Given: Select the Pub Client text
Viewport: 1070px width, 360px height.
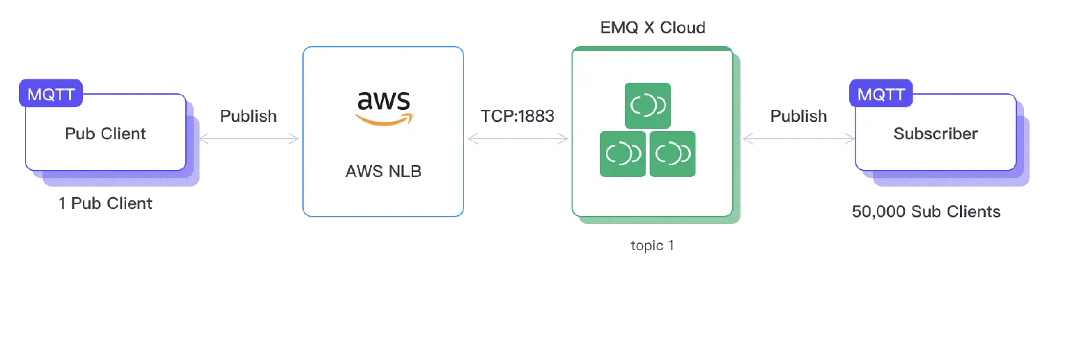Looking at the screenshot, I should (x=105, y=134).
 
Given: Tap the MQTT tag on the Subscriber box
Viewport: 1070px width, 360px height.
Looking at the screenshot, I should (x=881, y=94).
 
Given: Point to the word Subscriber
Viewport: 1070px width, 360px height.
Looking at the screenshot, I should (x=936, y=134).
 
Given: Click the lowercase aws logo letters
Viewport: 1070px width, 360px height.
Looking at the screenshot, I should (x=383, y=102).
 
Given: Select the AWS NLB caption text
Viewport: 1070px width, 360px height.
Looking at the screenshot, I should (x=383, y=171).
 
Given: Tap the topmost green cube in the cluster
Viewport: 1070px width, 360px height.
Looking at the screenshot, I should (x=648, y=106).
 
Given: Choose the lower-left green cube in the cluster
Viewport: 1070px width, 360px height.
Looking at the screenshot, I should (x=623, y=153).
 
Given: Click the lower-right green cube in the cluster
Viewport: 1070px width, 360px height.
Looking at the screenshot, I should (x=673, y=153).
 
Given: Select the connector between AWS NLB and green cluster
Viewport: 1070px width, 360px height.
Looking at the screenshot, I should (x=518, y=139).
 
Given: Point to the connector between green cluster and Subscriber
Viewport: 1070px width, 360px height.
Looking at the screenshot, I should (x=798, y=139).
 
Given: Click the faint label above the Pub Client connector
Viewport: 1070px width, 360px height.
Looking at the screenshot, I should (x=248, y=116).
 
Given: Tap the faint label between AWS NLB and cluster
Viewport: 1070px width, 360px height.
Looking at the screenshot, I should (x=520, y=116).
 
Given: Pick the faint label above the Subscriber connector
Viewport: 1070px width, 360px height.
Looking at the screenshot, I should (x=799, y=116).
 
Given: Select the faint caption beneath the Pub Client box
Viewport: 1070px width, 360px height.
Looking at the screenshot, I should (x=106, y=205).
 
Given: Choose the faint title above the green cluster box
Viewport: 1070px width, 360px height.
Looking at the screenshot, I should (x=652, y=27).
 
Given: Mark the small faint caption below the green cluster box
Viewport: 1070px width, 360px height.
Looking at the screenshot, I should (x=652, y=245).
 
